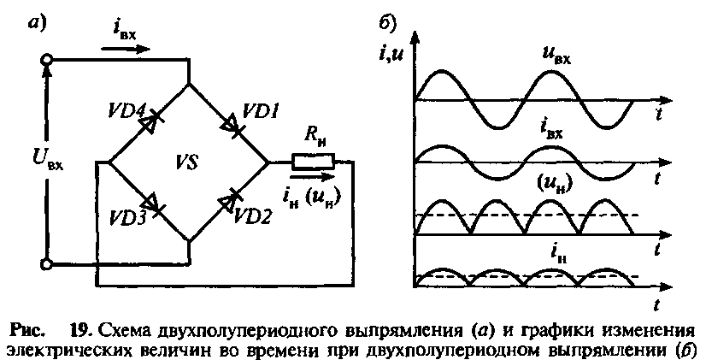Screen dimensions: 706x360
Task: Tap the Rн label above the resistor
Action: [x=316, y=135]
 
